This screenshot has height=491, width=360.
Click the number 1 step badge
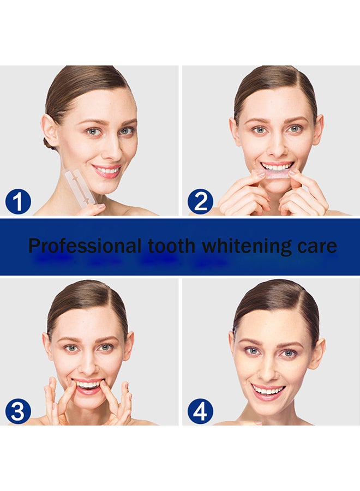(x=18, y=203)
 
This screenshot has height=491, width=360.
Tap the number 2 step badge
(x=200, y=203)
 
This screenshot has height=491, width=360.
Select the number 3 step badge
(x=18, y=412)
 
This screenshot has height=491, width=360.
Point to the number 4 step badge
(x=200, y=412)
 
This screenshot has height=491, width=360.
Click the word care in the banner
(x=317, y=246)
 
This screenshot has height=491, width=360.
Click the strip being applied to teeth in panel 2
(x=277, y=173)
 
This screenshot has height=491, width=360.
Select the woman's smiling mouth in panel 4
(x=268, y=390)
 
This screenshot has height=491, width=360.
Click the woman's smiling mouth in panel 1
(x=107, y=171)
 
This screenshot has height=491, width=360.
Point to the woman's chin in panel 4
(x=268, y=409)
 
